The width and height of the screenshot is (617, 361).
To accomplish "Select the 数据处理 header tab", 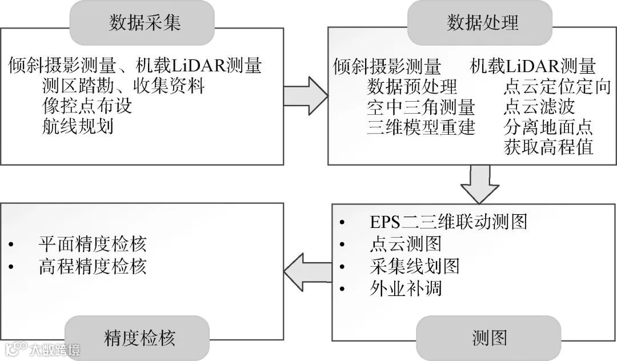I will [482, 22].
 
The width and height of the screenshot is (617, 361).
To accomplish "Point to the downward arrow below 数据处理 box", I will [479, 184].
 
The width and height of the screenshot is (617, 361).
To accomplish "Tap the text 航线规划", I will [78, 126].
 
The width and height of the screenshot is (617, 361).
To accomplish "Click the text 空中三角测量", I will [421, 107].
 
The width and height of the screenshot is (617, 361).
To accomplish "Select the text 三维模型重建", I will [421, 127].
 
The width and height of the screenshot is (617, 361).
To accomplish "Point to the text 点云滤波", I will [539, 107].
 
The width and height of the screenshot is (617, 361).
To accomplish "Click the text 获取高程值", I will [548, 147].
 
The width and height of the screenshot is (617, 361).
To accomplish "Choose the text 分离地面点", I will [548, 127].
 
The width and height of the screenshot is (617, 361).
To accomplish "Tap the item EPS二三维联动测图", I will [448, 221].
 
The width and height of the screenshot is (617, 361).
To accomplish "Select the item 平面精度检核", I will [93, 244].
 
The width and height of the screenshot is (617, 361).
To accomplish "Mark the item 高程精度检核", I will [93, 266].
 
